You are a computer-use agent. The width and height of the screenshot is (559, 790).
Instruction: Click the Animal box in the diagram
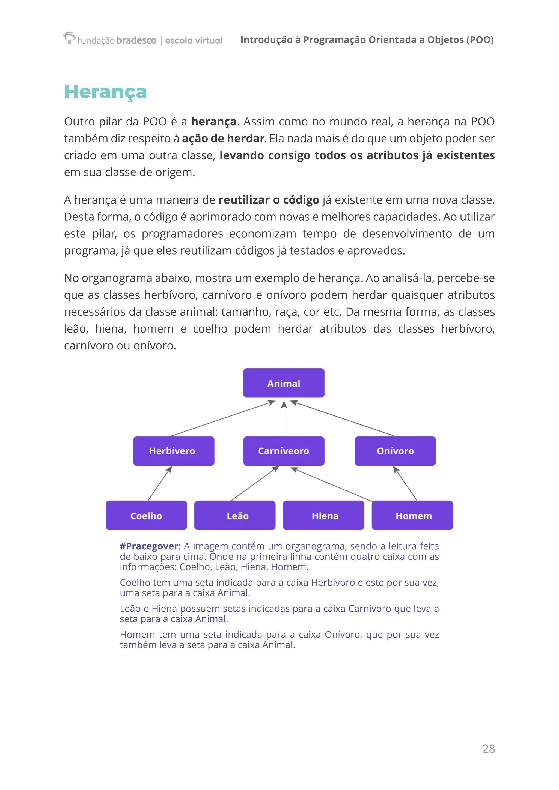tap(284, 383)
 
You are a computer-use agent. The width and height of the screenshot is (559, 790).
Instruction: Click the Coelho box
tap(146, 515)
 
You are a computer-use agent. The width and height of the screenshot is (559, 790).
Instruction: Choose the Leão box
tap(235, 515)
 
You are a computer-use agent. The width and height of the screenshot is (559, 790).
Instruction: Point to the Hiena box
tap(323, 515)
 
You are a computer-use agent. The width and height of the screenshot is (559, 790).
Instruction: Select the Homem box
tap(412, 515)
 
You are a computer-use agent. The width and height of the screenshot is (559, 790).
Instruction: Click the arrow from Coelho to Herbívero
tap(160, 483)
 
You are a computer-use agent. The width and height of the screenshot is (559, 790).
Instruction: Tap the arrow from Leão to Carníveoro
tap(255, 483)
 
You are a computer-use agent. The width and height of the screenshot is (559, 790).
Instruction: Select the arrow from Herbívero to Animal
tap(223, 418)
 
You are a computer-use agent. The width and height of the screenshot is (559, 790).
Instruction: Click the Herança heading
tap(105, 92)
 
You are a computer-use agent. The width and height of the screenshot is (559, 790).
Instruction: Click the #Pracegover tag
tap(149, 546)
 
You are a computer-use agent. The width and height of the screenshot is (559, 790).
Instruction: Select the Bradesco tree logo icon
tap(69, 37)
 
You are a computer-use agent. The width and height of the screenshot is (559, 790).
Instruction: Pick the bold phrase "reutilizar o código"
tap(269, 200)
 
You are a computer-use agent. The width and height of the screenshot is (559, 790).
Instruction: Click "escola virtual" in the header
tap(194, 40)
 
